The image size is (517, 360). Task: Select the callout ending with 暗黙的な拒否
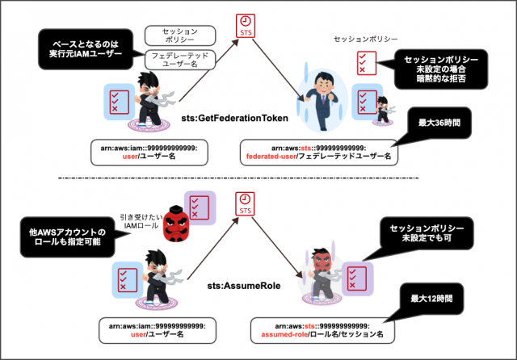(x=442, y=69)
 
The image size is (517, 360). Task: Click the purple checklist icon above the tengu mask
(x=197, y=207)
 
